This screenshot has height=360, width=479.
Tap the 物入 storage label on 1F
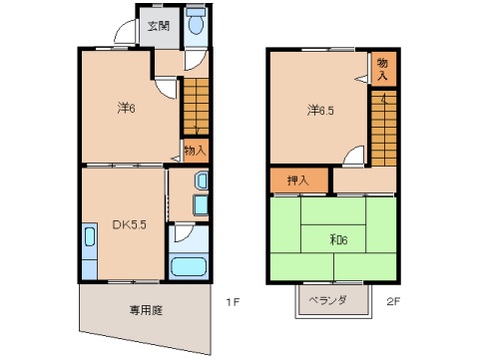(x=195, y=151)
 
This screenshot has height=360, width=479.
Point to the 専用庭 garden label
(x=147, y=308)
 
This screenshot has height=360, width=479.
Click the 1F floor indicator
(x=231, y=300)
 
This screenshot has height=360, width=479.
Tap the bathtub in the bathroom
(x=188, y=266)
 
